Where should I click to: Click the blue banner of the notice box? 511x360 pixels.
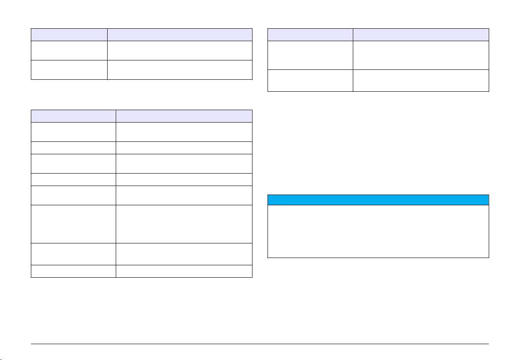[378, 200]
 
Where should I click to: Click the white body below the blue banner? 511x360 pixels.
[378, 231]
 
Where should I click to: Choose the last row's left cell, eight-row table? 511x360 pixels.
[73, 271]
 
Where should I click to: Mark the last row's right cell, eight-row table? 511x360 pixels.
[184, 271]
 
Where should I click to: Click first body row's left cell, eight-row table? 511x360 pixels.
[73, 132]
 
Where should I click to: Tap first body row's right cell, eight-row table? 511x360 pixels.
[184, 132]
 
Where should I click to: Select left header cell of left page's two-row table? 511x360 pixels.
[69, 35]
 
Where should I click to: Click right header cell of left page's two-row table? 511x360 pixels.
[179, 35]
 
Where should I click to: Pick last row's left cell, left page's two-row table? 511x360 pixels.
[69, 70]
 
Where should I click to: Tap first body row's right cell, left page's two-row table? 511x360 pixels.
[179, 50]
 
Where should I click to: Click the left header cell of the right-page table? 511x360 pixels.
[310, 35]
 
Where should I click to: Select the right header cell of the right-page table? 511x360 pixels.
[421, 35]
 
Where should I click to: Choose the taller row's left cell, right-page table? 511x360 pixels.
[310, 55]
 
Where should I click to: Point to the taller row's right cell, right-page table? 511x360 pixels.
[421, 55]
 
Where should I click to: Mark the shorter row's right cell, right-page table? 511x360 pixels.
[421, 80]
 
